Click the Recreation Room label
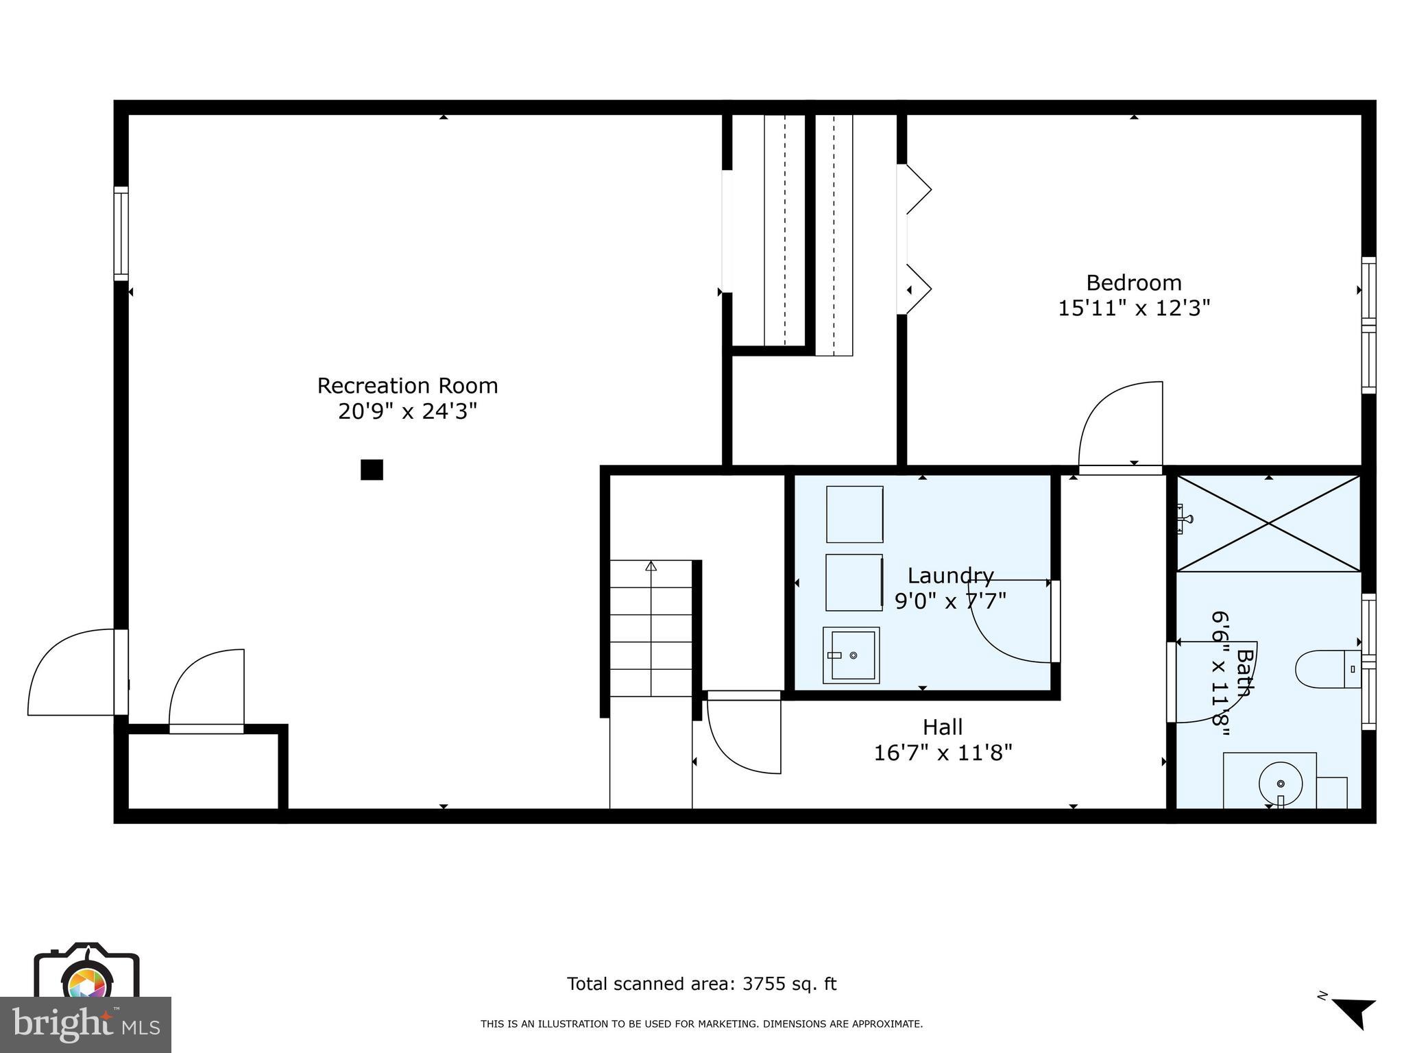coord(407,386)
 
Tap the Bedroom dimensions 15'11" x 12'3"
coord(1134,308)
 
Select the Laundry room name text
coord(950,576)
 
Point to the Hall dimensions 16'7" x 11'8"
coord(943,753)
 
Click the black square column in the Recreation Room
coord(372,470)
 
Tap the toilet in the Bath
coord(1327,668)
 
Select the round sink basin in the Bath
coord(1280,784)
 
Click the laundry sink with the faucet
coord(851,655)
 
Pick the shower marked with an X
coord(1268,524)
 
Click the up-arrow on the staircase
coord(651,566)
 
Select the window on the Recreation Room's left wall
coord(121,233)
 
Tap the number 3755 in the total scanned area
coord(762,984)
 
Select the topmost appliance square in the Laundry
coord(854,514)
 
